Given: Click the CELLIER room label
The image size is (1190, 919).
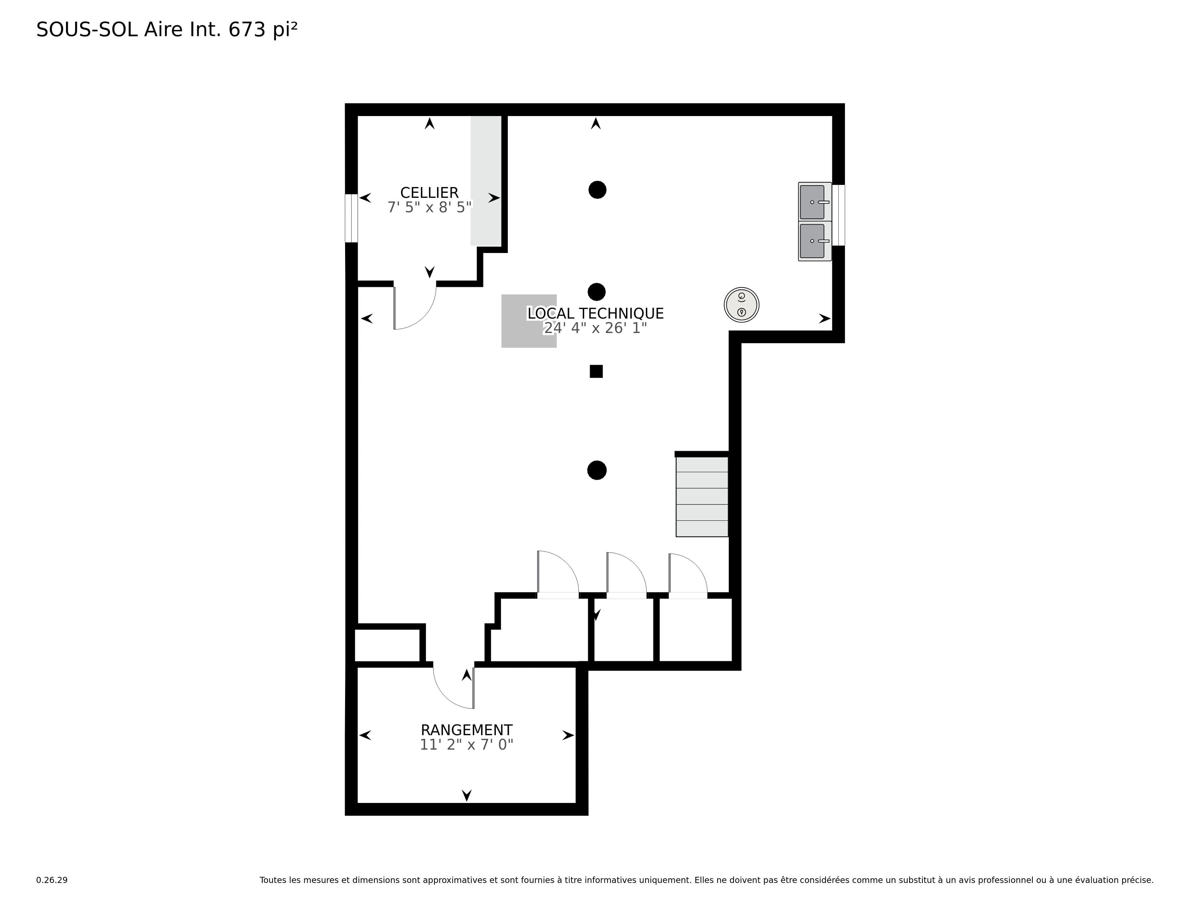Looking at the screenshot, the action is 429,193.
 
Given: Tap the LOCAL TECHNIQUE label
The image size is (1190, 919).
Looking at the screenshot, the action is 596,314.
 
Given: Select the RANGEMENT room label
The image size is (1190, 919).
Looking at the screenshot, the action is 466,730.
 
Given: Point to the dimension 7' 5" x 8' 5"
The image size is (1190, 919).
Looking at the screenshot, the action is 429,208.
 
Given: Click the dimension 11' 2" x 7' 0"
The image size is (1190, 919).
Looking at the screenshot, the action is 466,745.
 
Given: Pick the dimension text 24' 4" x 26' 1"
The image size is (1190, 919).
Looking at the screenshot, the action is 596,328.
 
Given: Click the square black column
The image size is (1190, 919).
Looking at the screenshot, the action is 596,371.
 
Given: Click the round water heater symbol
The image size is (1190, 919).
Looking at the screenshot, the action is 741,305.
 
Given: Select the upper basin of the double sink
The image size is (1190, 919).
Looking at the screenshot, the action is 815,202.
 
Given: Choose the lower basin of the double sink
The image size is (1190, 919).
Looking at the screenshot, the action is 815,241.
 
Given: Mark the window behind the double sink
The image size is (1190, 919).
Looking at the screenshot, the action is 838,216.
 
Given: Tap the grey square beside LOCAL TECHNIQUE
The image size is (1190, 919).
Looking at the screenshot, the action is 529,321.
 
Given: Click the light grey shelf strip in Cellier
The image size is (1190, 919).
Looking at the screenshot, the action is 486,181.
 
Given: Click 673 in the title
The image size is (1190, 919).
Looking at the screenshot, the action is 247,30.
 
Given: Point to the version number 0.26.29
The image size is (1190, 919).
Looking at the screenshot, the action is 52,880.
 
